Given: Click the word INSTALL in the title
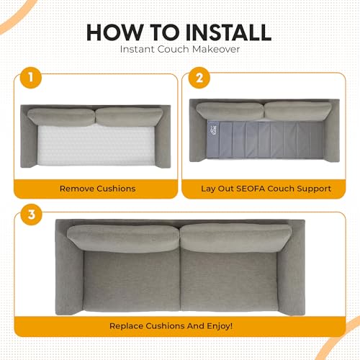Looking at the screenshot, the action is click(228, 32).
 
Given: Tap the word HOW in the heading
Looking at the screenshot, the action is click(114, 32).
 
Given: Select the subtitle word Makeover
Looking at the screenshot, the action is click(216, 49).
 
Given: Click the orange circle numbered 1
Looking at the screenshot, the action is click(31, 78).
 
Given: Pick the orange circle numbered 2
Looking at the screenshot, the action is click(199, 78).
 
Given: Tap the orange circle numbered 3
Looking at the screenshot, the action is click(32, 215).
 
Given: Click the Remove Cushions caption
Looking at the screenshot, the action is click(98, 189).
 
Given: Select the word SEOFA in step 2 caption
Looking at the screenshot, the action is click(251, 189).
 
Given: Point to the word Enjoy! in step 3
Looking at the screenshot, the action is click(220, 326).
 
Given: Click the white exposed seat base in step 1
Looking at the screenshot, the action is click(96, 145).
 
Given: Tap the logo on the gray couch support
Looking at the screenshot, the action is click(212, 130).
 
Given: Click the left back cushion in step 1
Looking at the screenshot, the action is click(61, 117).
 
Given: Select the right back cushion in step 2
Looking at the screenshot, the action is click(298, 111).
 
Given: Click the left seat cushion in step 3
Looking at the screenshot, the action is click(132, 280).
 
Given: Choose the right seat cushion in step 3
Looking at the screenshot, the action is click(229, 280).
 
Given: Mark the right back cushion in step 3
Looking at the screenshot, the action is click(235, 238).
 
